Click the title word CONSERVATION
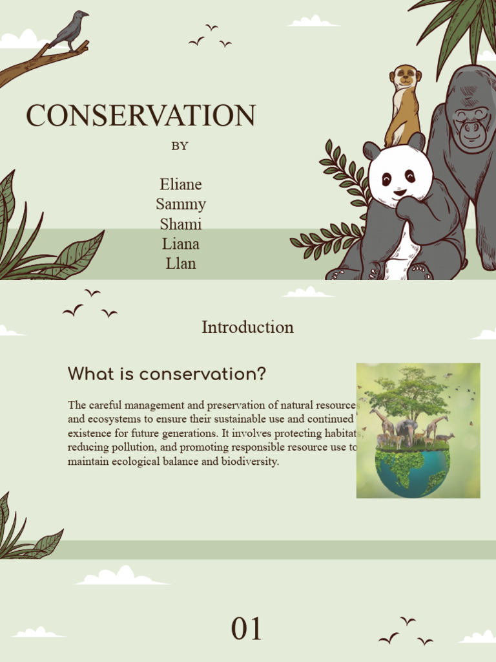click(141, 116)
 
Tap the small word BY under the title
click(180, 146)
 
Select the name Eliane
click(181, 185)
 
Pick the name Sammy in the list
click(181, 204)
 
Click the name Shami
click(181, 224)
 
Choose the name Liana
click(181, 244)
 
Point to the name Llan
click(181, 264)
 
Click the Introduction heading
click(247, 327)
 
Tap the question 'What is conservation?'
click(167, 374)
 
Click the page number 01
click(247, 629)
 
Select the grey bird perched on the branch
click(71, 29)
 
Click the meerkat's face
click(406, 77)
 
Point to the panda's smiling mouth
click(400, 192)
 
